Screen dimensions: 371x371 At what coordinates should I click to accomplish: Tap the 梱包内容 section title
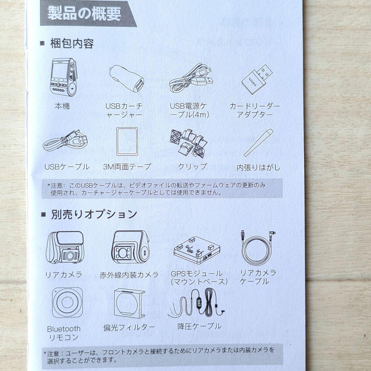coord(72,44)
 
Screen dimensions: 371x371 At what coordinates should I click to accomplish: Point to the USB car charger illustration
coord(127,79)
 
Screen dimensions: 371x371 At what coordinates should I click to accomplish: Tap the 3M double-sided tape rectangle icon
coord(127,141)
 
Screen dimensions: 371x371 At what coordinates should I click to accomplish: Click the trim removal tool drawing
coord(258,142)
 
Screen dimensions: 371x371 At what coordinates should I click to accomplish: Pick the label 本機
coord(62,106)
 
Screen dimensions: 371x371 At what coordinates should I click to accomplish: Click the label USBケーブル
coord(67,167)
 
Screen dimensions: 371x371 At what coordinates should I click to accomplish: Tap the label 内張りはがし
coord(258,168)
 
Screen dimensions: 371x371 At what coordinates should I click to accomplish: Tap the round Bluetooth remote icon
coord(67,303)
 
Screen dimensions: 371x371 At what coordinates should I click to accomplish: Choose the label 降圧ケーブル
coord(199,326)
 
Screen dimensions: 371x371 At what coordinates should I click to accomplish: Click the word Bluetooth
coord(64,329)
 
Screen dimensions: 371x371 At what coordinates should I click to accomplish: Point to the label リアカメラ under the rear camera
coord(64,275)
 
